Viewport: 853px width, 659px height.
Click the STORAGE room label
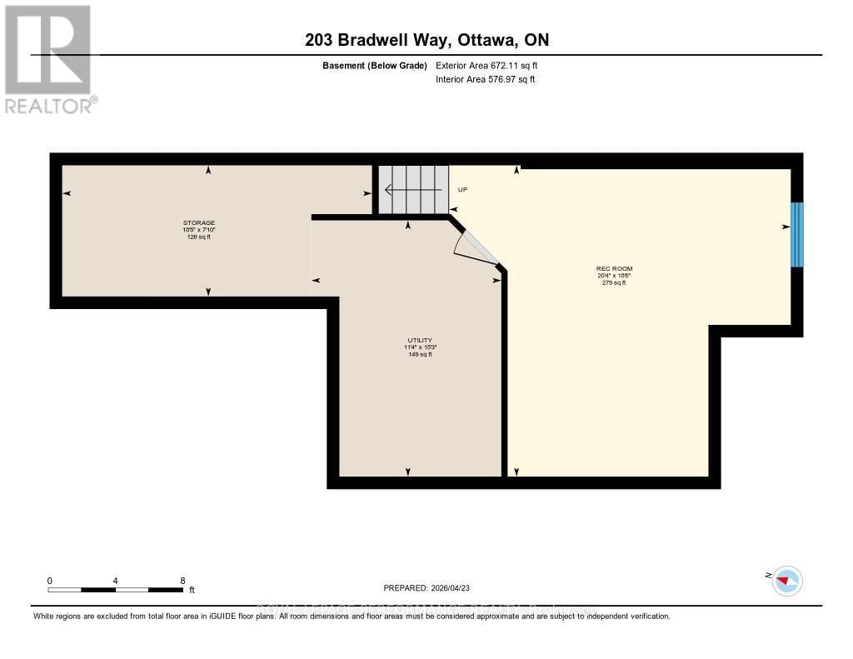tap(199, 222)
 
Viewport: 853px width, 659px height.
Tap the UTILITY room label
tap(419, 340)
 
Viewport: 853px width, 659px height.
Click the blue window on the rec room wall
tap(796, 234)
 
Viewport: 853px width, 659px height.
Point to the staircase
tap(413, 189)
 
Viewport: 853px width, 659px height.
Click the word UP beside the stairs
tap(463, 190)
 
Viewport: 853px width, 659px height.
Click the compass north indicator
tap(786, 580)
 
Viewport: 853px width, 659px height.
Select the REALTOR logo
tap(49, 59)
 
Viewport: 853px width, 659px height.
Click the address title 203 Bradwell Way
tap(426, 40)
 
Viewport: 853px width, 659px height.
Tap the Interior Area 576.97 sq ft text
tap(485, 80)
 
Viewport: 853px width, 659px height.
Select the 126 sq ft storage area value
tap(199, 237)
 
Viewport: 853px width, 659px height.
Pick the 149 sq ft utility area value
tap(419, 355)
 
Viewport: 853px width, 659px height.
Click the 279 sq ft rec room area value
tap(614, 283)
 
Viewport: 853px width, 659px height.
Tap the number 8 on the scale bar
tap(182, 580)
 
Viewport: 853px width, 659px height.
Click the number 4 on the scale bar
tap(116, 580)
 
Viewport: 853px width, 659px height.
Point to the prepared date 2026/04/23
tap(438, 587)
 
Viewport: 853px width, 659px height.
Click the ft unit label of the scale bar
tap(192, 590)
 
